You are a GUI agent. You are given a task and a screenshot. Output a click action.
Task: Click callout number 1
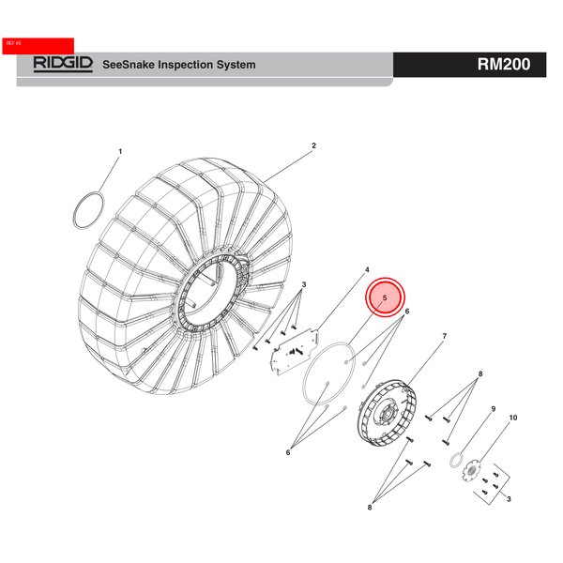(x=120, y=151)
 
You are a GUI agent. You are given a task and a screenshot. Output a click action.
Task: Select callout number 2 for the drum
(x=313, y=145)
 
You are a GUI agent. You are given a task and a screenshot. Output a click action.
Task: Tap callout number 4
(x=367, y=269)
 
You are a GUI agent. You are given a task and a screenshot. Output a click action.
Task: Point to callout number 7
(x=444, y=336)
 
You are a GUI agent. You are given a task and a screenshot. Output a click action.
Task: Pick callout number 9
(x=493, y=409)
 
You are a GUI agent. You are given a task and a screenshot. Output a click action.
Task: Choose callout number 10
(x=512, y=417)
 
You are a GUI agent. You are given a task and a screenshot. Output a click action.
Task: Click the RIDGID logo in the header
(x=63, y=64)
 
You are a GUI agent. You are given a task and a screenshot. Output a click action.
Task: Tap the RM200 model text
(x=504, y=65)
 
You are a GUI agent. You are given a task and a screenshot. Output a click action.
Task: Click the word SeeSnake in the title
(x=129, y=65)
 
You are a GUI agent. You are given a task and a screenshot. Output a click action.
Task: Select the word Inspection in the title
(x=190, y=65)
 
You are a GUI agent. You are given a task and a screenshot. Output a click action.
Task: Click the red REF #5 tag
(x=38, y=43)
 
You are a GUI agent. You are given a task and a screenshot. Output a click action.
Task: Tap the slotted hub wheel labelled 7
(x=385, y=413)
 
